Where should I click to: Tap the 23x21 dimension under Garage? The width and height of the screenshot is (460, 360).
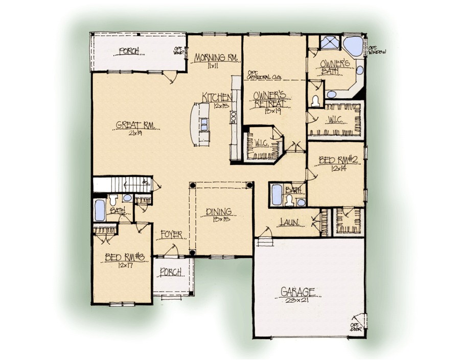coord(298,301)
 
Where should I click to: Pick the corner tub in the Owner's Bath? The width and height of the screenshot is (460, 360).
coord(352,47)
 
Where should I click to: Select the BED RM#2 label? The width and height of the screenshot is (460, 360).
coord(337,161)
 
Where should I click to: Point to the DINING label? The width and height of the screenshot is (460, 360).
coord(219,211)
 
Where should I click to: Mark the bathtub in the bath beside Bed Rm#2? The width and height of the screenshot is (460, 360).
coord(277,194)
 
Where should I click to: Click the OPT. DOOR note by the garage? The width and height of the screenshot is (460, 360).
coord(354,326)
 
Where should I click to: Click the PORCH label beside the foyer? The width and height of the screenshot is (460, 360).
coord(171,272)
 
